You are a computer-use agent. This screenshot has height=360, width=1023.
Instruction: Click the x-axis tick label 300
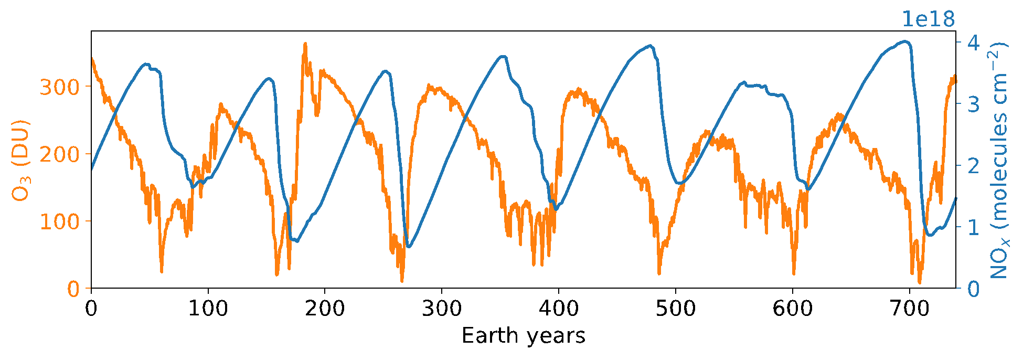[x=442, y=309]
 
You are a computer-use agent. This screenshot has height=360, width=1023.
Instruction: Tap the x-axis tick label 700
[x=909, y=309]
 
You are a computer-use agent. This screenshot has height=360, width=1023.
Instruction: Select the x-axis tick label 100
[x=208, y=309]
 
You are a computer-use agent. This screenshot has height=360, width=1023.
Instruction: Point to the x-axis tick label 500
[x=676, y=309]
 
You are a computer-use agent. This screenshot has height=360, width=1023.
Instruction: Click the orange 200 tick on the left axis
[x=59, y=154]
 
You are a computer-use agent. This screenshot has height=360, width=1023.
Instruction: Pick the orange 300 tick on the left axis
[x=59, y=87]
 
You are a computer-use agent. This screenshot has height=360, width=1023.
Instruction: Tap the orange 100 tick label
[x=59, y=221]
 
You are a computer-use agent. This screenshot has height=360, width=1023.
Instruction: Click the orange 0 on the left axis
[x=73, y=289]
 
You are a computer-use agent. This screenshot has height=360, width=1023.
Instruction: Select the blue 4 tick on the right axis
[x=974, y=42]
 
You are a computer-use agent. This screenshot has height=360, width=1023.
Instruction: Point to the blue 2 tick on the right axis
[x=974, y=165]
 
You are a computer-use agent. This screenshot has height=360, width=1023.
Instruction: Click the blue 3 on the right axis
[x=974, y=103]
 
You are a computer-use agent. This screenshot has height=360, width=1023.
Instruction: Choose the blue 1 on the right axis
[x=974, y=227]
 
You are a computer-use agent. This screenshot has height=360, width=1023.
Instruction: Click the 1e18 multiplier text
[x=928, y=19]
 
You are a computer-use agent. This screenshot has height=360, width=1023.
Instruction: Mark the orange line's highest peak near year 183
[x=305, y=44]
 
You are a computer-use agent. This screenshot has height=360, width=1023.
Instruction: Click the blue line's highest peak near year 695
[x=904, y=41]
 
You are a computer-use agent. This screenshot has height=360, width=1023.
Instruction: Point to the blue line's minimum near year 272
[x=409, y=247]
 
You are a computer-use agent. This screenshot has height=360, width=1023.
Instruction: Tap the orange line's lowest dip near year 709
[x=920, y=282]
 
